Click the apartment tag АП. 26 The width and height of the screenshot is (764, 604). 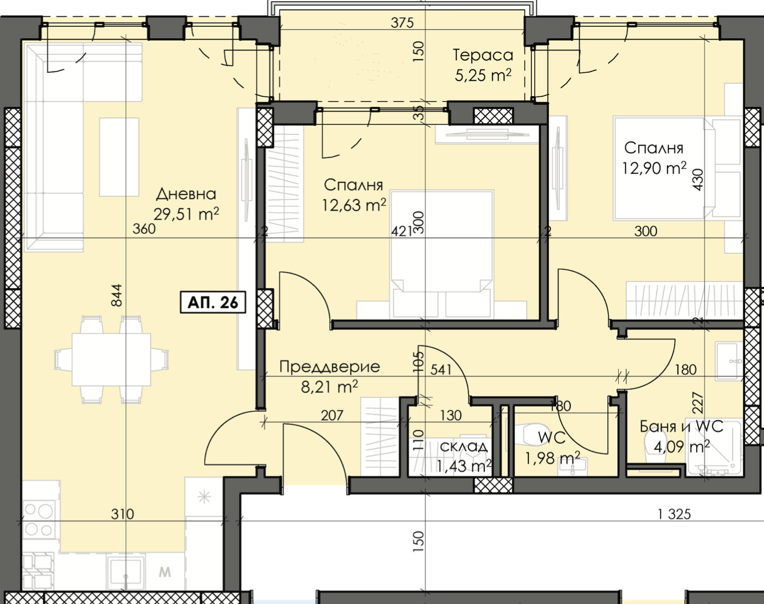coord(213,303)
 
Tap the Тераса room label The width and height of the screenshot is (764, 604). coord(483,55)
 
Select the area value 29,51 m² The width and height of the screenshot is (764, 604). coord(186,214)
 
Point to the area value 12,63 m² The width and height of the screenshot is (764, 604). coord(354,205)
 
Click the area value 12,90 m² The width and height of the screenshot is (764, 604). coord(654,168)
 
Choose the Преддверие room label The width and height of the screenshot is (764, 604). coord(329,367)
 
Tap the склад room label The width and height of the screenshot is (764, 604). coord(463,446)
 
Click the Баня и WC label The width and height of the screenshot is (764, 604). coord(681,427)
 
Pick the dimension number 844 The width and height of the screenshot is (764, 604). coord(117,295)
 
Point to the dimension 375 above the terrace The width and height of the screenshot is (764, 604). coord(402,23)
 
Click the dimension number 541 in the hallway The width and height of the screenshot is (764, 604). coord(441,369)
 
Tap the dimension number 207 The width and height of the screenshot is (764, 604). coord(332,415)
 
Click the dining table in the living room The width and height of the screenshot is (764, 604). coord(111,359)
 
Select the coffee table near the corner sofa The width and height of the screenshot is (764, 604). coord(119,157)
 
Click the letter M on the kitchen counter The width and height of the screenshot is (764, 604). coord(165,572)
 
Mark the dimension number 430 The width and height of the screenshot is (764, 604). coord(698,180)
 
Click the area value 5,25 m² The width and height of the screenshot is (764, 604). coord(483,75)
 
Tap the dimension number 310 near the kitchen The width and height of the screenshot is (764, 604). coord(122,514)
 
